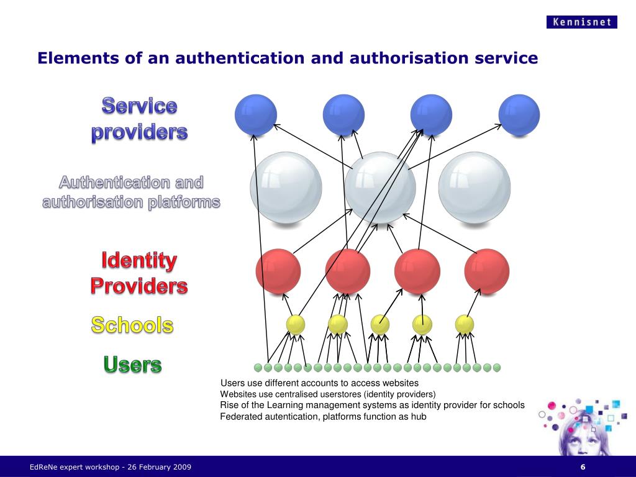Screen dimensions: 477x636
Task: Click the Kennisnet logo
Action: point(582,22)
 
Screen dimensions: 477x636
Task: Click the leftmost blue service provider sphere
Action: point(255,115)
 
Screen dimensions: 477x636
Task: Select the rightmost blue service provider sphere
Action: point(519,115)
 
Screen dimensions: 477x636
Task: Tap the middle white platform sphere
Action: point(380,187)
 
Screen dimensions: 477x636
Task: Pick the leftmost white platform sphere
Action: point(286,187)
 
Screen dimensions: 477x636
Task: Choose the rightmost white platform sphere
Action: point(475,187)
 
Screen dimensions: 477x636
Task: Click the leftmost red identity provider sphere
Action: point(278,271)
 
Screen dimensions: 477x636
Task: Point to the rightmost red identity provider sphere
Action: point(487,271)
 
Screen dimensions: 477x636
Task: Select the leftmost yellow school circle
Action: point(296,324)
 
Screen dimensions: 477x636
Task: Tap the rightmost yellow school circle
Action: point(465,324)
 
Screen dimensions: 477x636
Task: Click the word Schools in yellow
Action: point(132,325)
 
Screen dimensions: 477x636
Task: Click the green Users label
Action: point(132,365)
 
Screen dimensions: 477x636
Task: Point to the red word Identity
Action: point(139,261)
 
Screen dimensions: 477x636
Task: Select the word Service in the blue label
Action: point(140,106)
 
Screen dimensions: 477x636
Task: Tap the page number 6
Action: point(583,467)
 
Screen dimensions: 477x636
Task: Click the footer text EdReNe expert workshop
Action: point(75,467)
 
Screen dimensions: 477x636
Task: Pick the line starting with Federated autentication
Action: point(323,417)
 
